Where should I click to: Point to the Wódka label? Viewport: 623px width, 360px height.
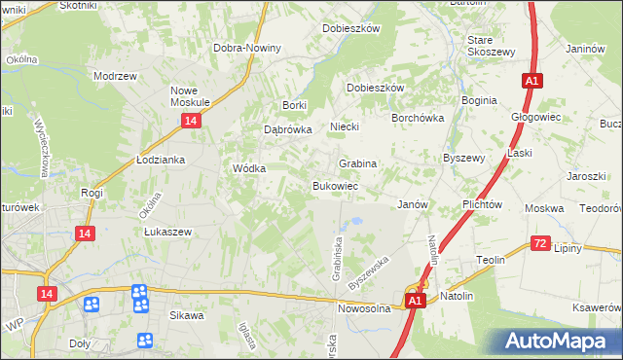coord(249,167)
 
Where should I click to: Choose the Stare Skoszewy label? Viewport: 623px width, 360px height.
coord(490,45)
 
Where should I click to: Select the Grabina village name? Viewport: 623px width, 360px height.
coord(357,163)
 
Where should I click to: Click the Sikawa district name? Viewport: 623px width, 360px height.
coord(187,315)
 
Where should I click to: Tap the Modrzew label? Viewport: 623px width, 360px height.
coord(113,75)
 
